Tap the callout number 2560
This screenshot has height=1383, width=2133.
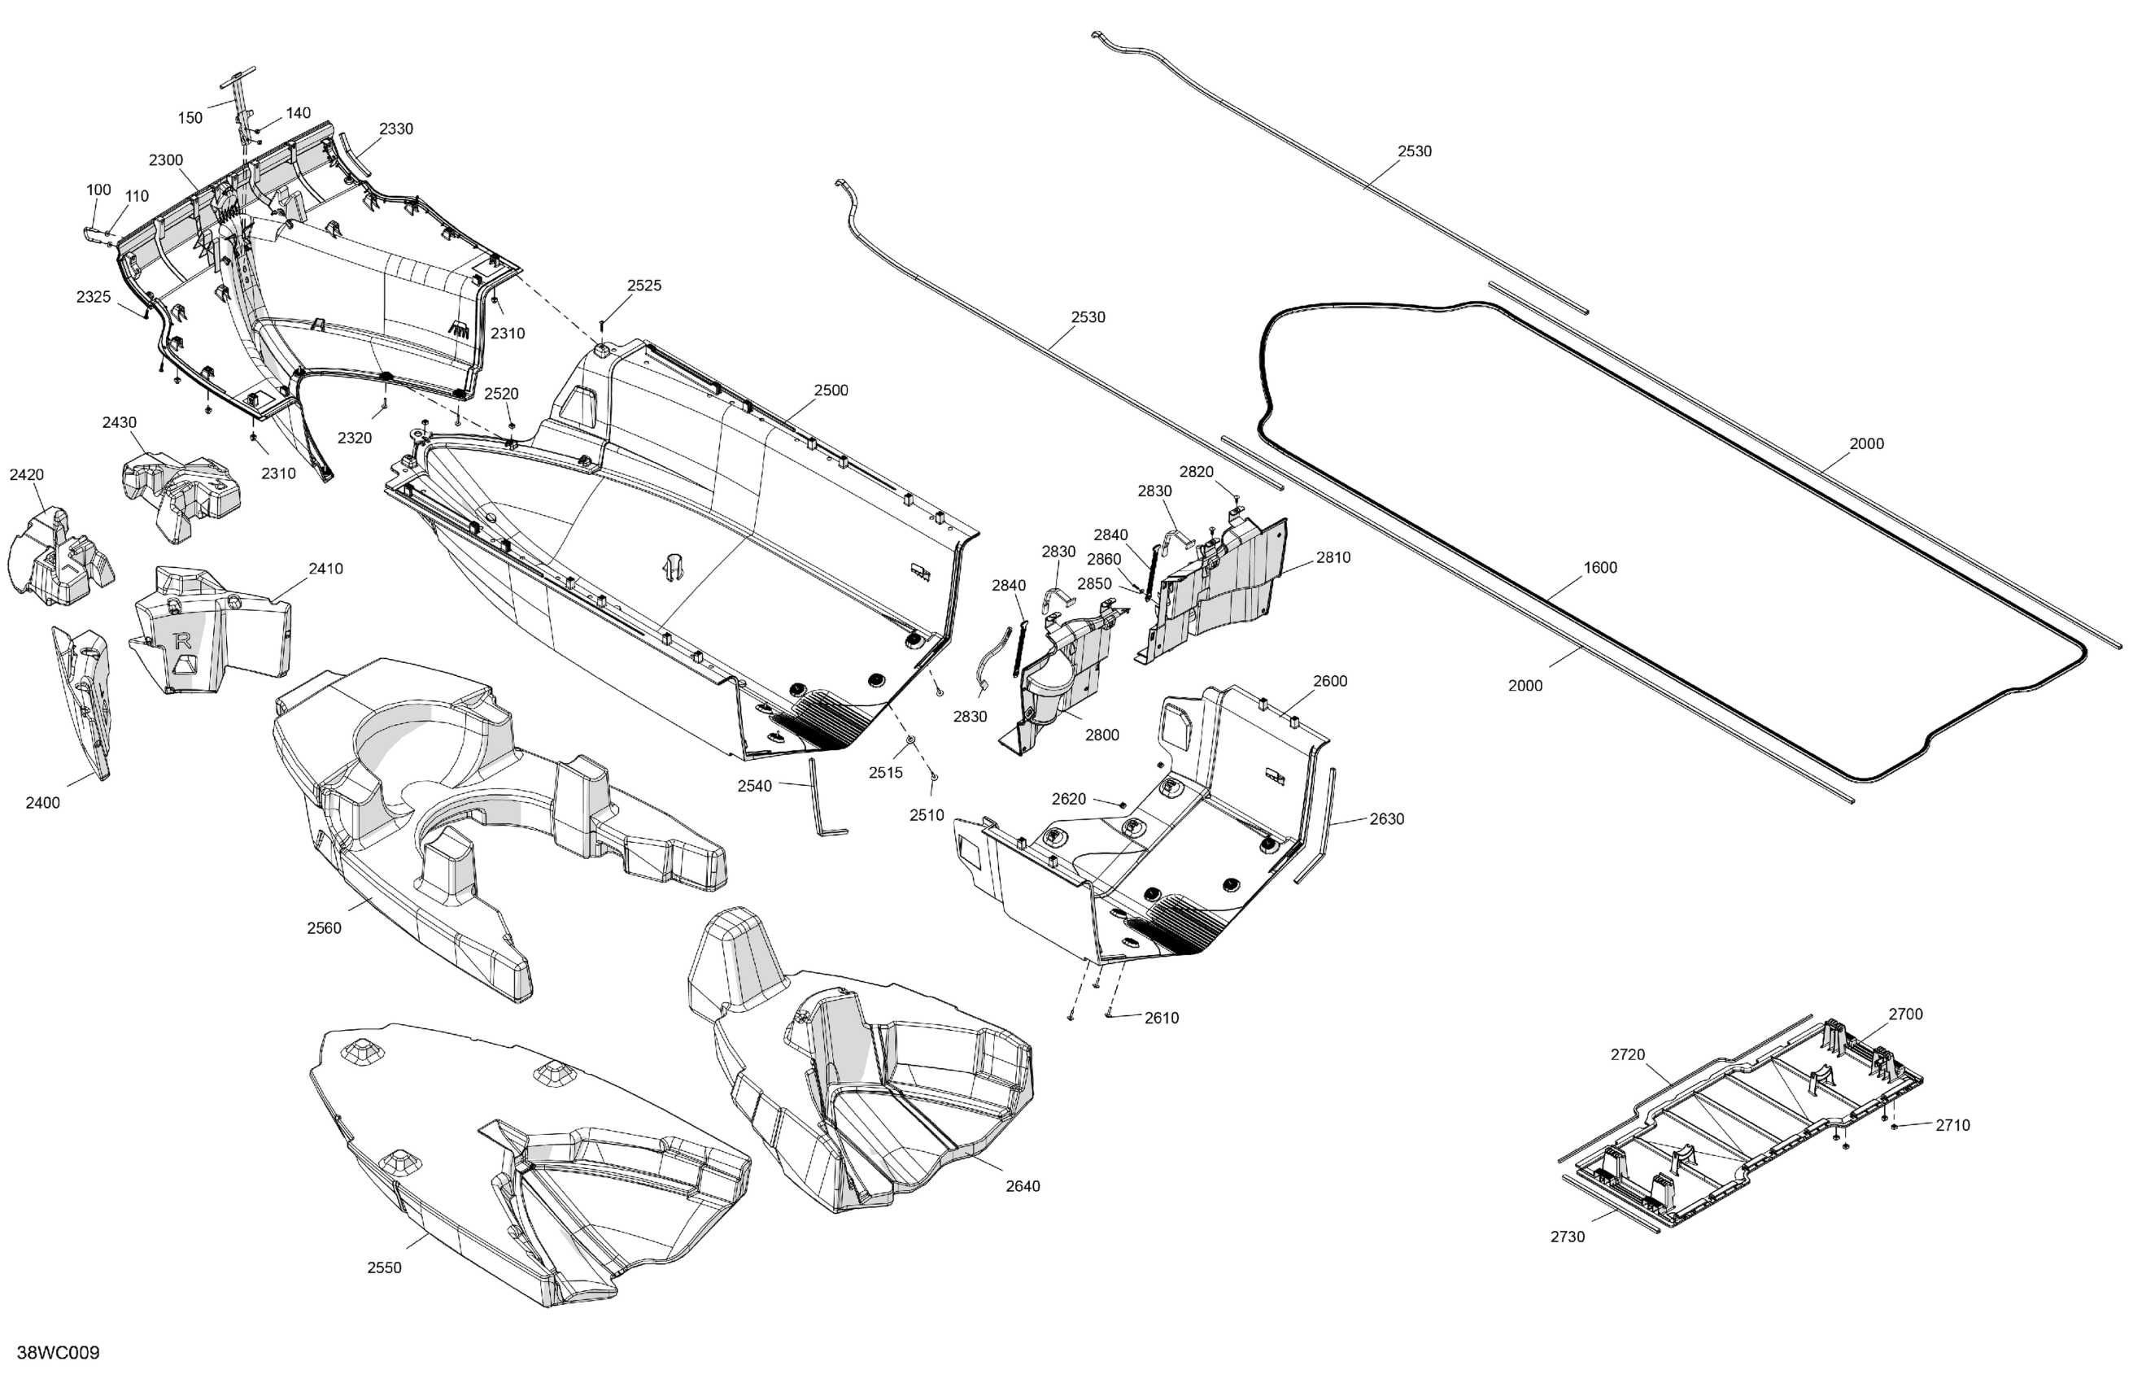pyautogui.click(x=324, y=927)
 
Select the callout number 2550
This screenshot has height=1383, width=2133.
pyautogui.click(x=385, y=1267)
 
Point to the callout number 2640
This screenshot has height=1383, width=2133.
pyautogui.click(x=1023, y=1186)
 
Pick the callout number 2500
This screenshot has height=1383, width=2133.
pyautogui.click(x=831, y=390)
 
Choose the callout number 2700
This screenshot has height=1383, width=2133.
pyautogui.click(x=1905, y=1014)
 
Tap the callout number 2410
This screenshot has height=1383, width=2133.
pyautogui.click(x=325, y=569)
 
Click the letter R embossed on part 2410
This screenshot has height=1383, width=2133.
pyautogui.click(x=184, y=641)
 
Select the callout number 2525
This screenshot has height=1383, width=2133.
pyautogui.click(x=643, y=285)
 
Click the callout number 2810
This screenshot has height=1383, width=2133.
pyautogui.click(x=1333, y=556)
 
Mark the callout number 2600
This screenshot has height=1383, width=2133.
pyautogui.click(x=1330, y=680)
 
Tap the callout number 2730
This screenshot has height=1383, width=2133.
pyautogui.click(x=1568, y=1236)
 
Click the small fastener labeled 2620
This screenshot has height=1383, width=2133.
pyautogui.click(x=1122, y=804)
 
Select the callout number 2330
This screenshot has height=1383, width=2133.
pyautogui.click(x=395, y=129)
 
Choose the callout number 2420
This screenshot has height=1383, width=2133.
pyautogui.click(x=26, y=474)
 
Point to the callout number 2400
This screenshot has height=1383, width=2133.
pyautogui.click(x=42, y=802)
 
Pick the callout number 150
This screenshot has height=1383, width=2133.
pyautogui.click(x=190, y=117)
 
